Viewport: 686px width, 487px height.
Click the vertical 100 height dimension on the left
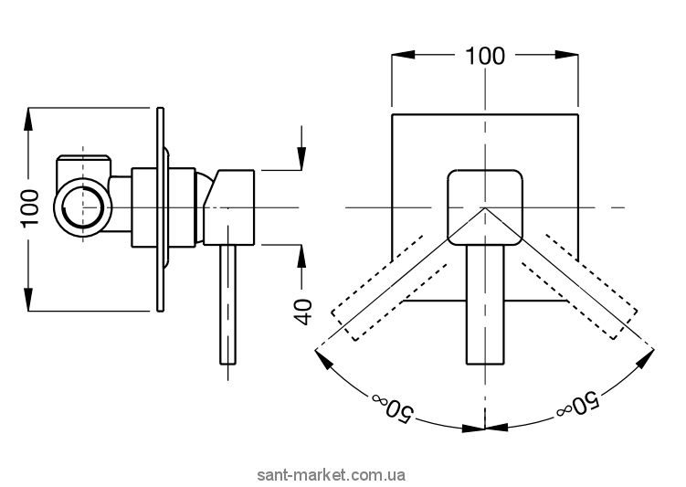coord(30,209)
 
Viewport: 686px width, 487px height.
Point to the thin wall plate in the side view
coord(162,209)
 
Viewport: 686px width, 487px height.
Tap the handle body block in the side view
coord(231,206)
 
